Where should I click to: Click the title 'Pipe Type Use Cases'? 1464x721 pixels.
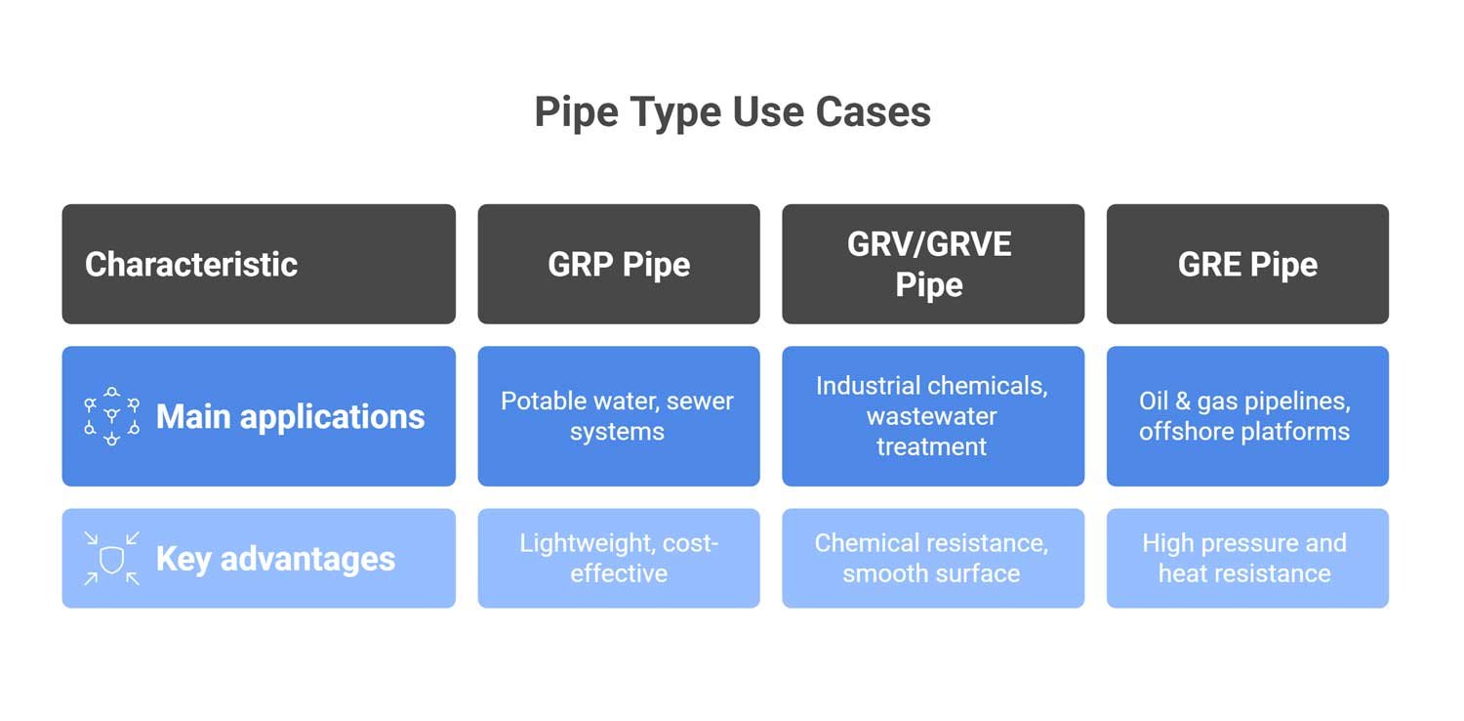[x=732, y=112]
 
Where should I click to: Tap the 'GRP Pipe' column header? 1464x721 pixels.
[x=619, y=265]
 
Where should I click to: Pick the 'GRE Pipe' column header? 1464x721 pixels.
[x=1247, y=265]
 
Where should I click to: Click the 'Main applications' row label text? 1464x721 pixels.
[x=290, y=417]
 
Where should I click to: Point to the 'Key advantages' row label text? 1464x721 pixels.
[x=275, y=559]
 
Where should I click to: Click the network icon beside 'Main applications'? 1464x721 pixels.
[x=111, y=416]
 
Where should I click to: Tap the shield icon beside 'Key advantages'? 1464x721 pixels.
[x=111, y=559]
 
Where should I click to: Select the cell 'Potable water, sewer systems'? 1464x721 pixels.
[x=617, y=416]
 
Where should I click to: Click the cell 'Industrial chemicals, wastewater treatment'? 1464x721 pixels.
[x=932, y=416]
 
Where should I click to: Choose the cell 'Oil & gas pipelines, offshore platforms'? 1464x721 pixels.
[x=1244, y=416]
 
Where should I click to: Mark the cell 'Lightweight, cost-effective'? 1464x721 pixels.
[x=619, y=558]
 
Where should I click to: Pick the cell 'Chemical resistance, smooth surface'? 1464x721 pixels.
[x=932, y=558]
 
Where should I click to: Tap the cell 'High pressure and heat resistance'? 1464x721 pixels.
[x=1244, y=558]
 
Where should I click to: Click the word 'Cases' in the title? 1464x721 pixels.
[x=873, y=112]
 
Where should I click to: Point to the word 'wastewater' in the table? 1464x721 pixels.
[x=932, y=416]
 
